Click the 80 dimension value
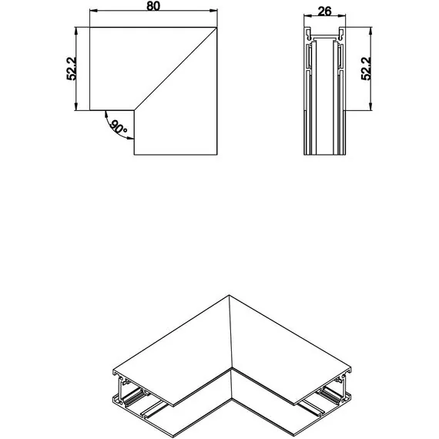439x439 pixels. click(152, 6)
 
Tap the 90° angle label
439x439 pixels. click(118, 128)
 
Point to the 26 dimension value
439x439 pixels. click(324, 11)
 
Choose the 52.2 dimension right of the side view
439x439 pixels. click(366, 68)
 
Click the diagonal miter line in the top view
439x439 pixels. click(176, 68)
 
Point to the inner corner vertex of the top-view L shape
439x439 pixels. click(134, 108)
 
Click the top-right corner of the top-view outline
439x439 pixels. click(216, 28)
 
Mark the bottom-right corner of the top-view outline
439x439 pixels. click(216, 155)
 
